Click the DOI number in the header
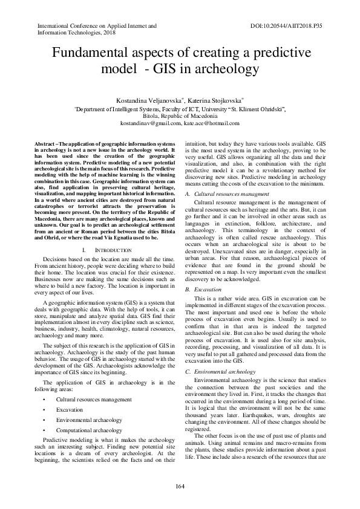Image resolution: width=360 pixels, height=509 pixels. [x=286, y=27]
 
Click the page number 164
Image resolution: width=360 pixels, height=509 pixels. [x=180, y=487]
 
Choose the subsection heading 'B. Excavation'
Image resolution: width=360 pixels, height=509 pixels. [x=203, y=290]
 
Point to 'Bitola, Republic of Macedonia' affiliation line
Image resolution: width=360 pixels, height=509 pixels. [x=180, y=115]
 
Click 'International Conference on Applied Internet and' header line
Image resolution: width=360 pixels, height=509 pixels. [x=97, y=27]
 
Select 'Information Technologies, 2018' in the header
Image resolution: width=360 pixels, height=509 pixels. [x=76, y=33]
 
